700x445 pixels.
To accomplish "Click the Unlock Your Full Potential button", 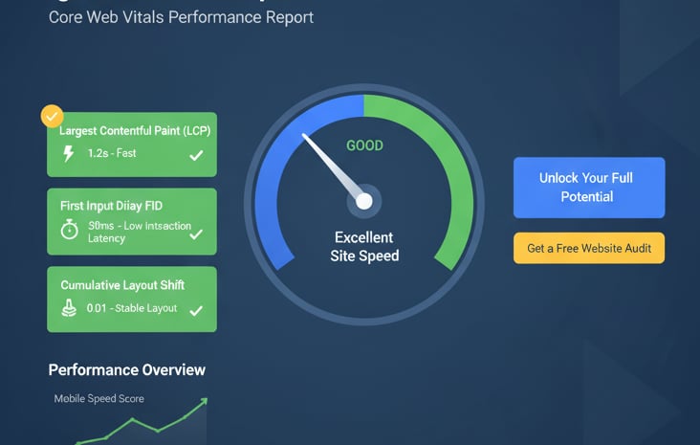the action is tap(588, 188).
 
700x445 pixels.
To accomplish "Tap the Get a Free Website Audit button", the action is tap(588, 248).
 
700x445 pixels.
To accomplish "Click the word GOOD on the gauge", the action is tap(364, 146).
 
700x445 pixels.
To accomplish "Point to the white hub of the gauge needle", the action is tap(364, 201).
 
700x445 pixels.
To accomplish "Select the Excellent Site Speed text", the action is tap(364, 246).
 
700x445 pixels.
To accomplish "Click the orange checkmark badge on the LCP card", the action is tap(52, 116).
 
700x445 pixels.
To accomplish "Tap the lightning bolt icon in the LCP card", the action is tap(69, 153).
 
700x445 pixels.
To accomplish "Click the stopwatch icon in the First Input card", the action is tap(69, 231).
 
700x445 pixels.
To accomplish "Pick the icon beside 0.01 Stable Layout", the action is tap(69, 308).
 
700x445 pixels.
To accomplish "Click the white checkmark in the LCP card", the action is tap(196, 155).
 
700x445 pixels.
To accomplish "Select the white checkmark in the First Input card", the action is tap(196, 234).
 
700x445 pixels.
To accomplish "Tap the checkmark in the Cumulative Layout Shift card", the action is tap(196, 310).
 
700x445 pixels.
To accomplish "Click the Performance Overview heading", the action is tap(127, 369).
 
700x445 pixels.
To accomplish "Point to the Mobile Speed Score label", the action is tap(99, 398).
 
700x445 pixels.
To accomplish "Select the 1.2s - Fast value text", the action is tap(112, 153).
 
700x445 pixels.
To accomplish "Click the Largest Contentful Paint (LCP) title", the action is tap(135, 130).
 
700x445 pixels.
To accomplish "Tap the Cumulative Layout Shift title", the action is tap(122, 285).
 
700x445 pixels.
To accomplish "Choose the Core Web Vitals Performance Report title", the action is tap(181, 17).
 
